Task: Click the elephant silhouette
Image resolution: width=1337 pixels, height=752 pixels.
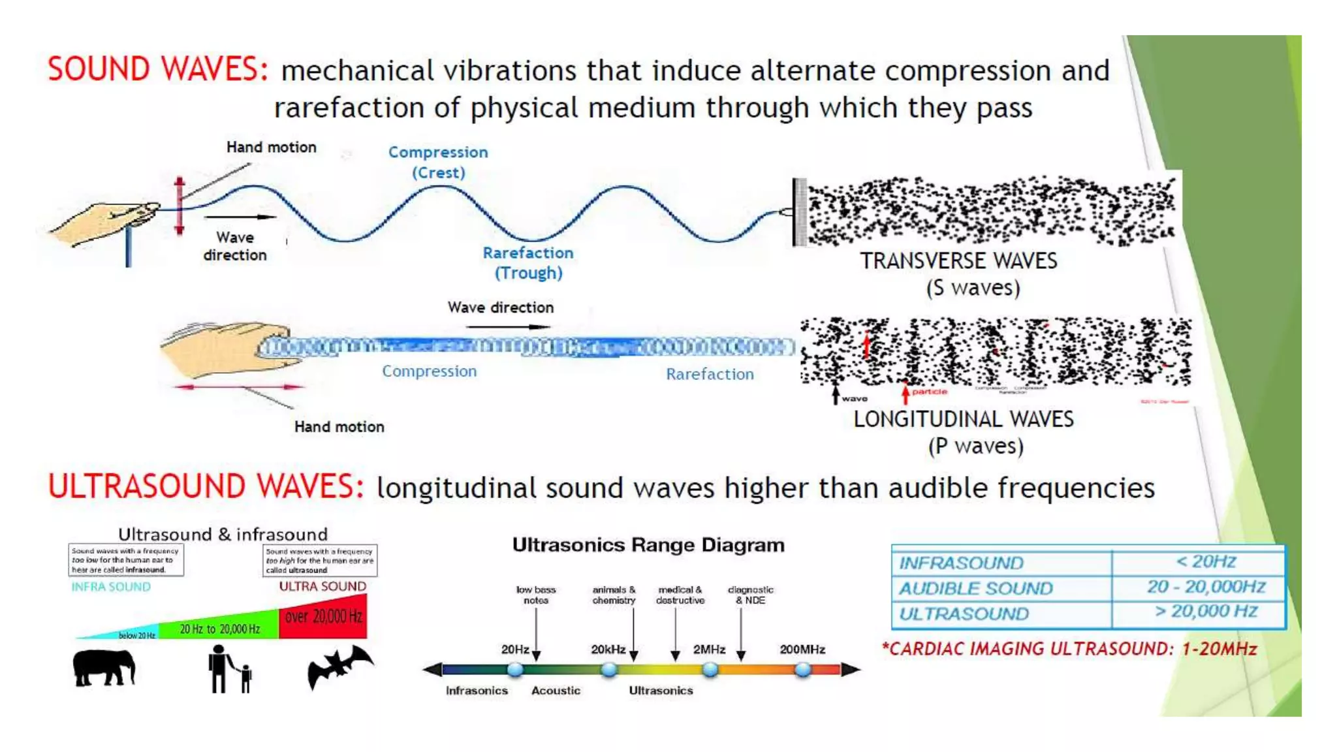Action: click(104, 668)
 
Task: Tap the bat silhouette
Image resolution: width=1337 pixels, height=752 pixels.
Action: click(339, 666)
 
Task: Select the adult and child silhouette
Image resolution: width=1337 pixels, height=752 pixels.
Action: click(228, 669)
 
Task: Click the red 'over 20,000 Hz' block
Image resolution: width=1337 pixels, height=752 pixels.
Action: click(322, 617)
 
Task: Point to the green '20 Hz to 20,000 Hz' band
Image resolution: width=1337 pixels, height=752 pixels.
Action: click(219, 629)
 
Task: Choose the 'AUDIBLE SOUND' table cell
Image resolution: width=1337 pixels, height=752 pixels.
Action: click(976, 588)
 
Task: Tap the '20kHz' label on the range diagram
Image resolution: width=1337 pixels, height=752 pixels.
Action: click(608, 650)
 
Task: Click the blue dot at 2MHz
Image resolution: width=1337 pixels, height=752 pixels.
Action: click(710, 669)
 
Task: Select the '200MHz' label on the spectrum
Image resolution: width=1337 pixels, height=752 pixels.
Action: click(802, 650)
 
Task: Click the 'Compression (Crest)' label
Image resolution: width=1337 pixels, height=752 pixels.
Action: click(438, 162)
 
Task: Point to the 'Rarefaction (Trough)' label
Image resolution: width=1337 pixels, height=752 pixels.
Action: click(528, 262)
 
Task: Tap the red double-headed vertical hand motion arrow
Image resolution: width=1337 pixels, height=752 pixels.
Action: click(180, 206)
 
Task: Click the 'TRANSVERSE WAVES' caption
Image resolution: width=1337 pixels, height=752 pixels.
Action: click(958, 261)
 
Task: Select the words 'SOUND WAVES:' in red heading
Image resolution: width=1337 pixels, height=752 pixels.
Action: click(157, 69)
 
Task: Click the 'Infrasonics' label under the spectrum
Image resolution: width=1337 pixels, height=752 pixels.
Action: click(477, 691)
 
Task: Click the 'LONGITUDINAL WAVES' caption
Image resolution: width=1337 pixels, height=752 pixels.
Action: click(964, 419)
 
